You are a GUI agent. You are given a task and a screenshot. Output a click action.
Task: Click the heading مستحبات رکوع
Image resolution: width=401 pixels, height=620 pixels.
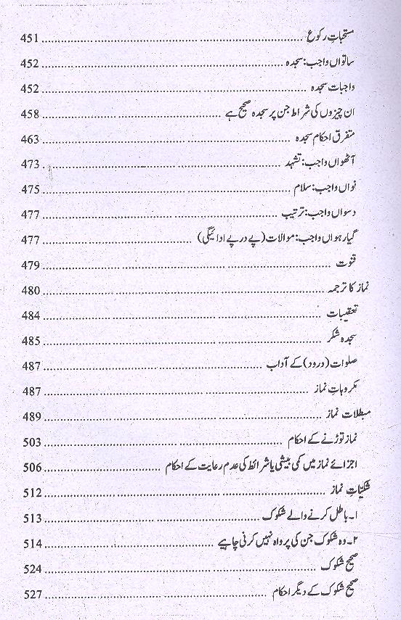pos(356,35)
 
